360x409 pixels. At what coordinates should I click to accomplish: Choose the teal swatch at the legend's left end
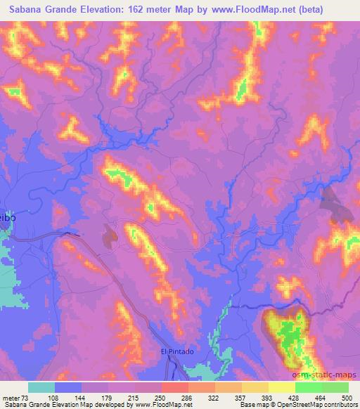coord(41,387)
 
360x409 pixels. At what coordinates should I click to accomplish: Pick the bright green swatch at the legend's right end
coord(335,387)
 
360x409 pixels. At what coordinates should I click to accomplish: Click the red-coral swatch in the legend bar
coord(175,387)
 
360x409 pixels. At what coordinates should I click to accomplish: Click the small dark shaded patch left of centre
coord(109,236)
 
